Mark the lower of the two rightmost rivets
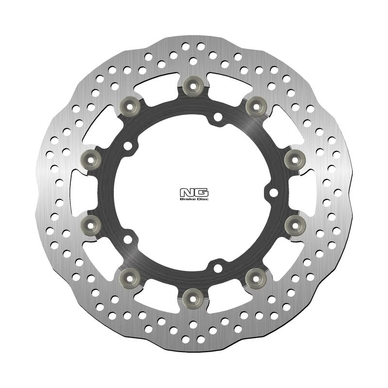[x=293, y=224]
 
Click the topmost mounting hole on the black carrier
[x=217, y=116]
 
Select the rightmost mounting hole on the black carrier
[x=273, y=193]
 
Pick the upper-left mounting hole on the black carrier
[x=128, y=145]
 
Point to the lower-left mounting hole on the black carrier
[x=128, y=239]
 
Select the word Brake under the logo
[x=188, y=199]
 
